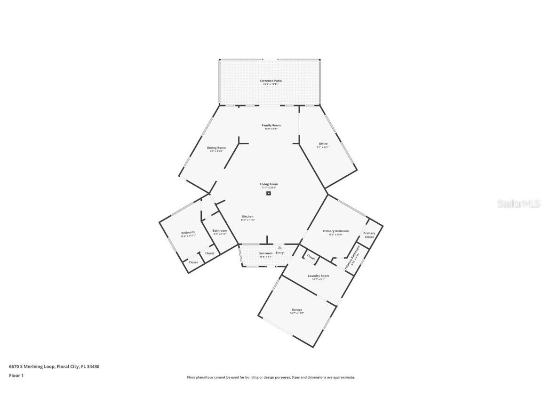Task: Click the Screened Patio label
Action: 271,81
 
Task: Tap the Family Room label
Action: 271,126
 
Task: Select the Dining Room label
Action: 216,148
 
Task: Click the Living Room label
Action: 269,185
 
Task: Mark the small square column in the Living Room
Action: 269,193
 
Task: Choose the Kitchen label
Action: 247,217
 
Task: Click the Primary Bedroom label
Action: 335,232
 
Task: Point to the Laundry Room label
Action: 318,277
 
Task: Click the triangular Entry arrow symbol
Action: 279,247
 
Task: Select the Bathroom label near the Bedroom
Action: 220,231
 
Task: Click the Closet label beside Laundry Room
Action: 311,257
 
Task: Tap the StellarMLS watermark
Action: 519,203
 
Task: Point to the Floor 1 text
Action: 16,375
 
